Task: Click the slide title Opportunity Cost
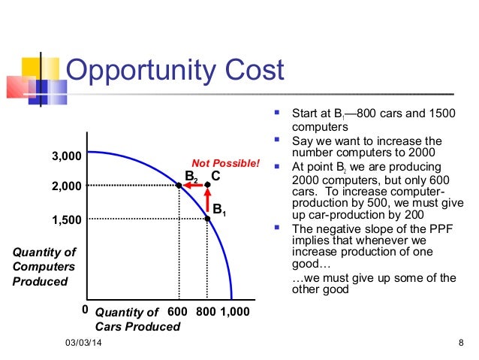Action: tap(176, 71)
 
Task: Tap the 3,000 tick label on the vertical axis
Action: tap(65, 156)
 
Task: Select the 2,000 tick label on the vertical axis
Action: tap(65, 186)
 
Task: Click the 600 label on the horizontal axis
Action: tap(177, 312)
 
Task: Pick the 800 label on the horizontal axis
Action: tap(206, 312)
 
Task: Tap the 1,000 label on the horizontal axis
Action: tap(234, 312)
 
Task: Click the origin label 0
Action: tap(85, 309)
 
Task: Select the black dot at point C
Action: tap(207, 185)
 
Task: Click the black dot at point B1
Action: tap(207, 219)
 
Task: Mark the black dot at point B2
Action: tap(179, 185)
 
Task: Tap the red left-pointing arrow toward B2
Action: tap(193, 185)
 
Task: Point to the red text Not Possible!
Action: tap(225, 163)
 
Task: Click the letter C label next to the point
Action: tap(215, 175)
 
